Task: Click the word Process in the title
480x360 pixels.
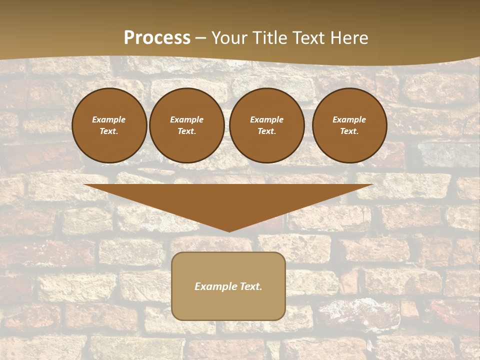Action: (157, 38)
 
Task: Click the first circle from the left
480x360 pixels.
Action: (109, 145)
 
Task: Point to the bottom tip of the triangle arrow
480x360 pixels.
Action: (229, 231)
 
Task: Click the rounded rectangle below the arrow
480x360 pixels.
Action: (228, 305)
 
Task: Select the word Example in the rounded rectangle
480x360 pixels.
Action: (214, 286)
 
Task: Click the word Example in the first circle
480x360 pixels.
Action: (109, 119)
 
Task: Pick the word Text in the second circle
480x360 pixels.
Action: (186, 131)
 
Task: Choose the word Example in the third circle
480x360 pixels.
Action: (266, 119)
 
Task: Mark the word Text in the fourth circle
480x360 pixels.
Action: (349, 131)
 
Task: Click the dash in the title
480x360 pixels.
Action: (201, 38)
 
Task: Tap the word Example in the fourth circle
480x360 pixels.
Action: (349, 119)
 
